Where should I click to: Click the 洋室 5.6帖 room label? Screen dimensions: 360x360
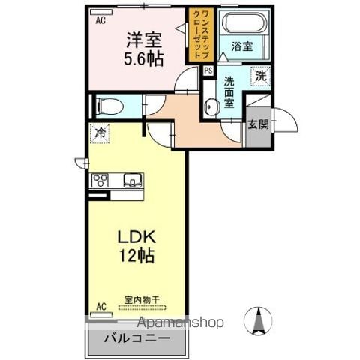point(144,49)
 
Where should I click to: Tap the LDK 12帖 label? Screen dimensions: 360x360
point(136,246)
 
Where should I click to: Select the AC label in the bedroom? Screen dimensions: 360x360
point(100,20)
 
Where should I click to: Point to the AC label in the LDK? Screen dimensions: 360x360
point(101,307)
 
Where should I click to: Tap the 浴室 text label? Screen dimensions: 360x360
point(242,46)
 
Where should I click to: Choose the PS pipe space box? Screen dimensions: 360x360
point(208,70)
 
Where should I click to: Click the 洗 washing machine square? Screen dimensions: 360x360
point(260,76)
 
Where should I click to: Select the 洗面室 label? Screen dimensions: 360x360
point(229,92)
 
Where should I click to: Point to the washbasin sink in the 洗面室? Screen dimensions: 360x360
point(209,106)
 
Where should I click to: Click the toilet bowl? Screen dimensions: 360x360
point(110,106)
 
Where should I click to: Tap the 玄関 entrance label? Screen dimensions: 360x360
point(258,124)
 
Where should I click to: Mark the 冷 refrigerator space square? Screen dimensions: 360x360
point(100,133)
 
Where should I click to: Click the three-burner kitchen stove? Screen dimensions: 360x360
point(100,181)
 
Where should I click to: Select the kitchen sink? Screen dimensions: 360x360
point(133,181)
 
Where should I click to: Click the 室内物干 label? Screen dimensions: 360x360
point(142,299)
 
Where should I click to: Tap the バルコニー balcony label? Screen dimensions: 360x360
point(137,339)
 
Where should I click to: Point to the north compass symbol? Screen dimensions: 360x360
point(258,320)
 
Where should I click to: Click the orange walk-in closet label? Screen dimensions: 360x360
point(201,34)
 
